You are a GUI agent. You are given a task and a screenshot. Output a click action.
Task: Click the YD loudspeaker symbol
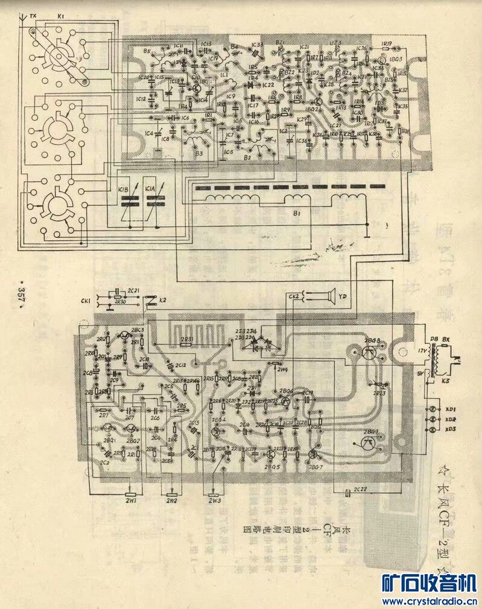(x=328, y=296)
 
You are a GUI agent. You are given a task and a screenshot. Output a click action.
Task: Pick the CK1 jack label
(x=85, y=300)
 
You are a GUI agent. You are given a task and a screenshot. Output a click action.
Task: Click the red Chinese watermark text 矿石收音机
(x=430, y=582)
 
